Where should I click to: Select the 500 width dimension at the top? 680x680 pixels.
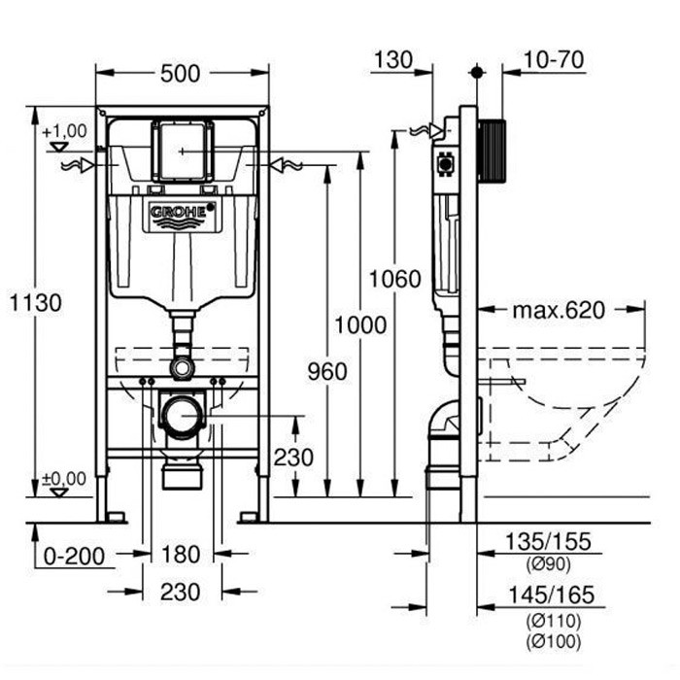tap(181, 74)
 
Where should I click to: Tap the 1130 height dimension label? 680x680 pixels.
tap(36, 302)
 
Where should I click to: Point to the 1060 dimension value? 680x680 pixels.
tap(394, 279)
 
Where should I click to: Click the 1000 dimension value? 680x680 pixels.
tap(360, 324)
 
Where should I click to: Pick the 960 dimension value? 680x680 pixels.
tap(327, 372)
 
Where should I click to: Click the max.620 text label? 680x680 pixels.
tap(559, 310)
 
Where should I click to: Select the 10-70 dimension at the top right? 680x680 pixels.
tap(554, 59)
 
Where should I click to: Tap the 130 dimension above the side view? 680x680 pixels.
tap(393, 60)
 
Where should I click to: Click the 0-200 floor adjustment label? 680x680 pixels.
tap(74, 557)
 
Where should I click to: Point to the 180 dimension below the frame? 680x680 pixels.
tap(181, 555)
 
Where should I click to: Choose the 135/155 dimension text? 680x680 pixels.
tap(549, 542)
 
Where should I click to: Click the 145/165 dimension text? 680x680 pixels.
tap(551, 595)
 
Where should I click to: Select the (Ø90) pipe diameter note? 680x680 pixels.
tap(549, 564)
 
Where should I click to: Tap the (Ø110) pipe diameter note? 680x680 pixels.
tap(554, 621)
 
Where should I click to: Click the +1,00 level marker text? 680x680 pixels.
tap(65, 130)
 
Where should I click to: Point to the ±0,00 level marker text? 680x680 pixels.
tap(64, 479)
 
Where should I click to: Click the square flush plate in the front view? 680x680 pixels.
tap(183, 151)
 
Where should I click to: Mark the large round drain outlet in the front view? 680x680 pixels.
tap(183, 416)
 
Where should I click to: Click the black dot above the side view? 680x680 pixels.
tap(477, 72)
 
